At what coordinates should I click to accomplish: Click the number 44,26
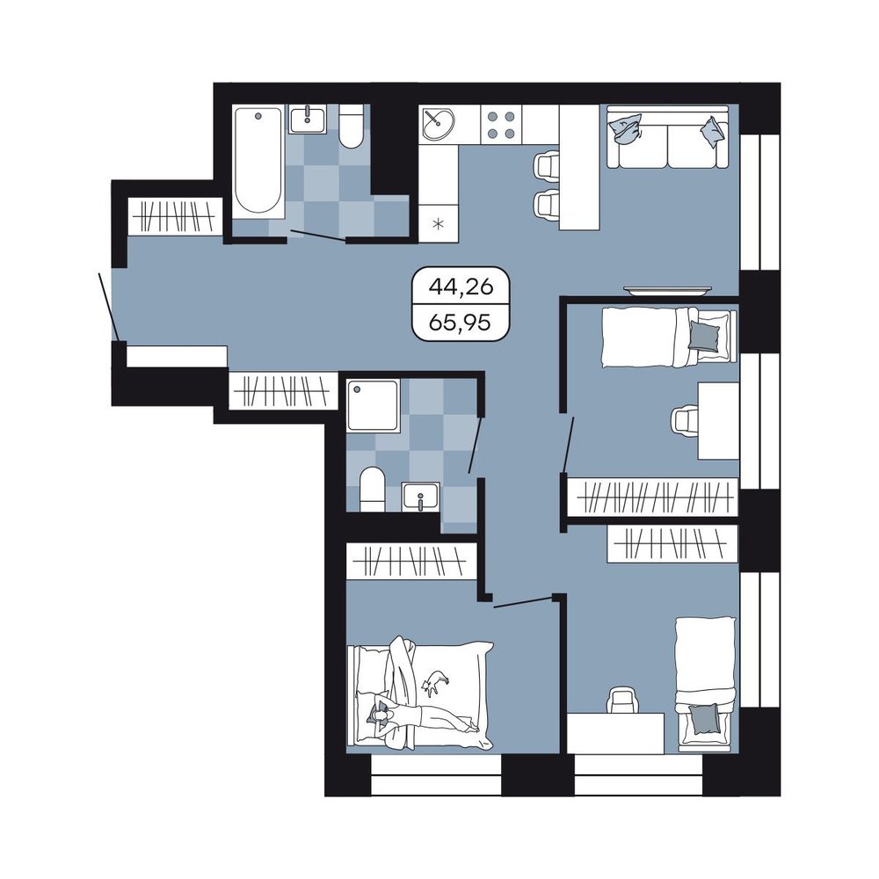[461, 287]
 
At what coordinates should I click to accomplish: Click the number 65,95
[461, 323]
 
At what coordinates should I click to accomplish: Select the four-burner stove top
[501, 125]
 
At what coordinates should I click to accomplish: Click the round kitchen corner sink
[438, 123]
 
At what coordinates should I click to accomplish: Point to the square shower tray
[373, 405]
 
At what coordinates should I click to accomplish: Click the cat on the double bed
[435, 682]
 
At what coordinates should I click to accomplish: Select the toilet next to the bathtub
[352, 127]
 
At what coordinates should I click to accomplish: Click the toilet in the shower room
[372, 489]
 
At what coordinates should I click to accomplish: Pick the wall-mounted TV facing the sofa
[668, 290]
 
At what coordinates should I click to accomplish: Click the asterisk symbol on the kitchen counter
[438, 225]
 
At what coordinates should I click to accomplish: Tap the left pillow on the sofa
[626, 129]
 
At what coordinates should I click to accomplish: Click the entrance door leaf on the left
[108, 306]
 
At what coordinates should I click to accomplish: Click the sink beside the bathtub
[307, 119]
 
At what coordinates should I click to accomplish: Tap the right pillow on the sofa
[713, 133]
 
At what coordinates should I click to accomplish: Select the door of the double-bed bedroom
[524, 601]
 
